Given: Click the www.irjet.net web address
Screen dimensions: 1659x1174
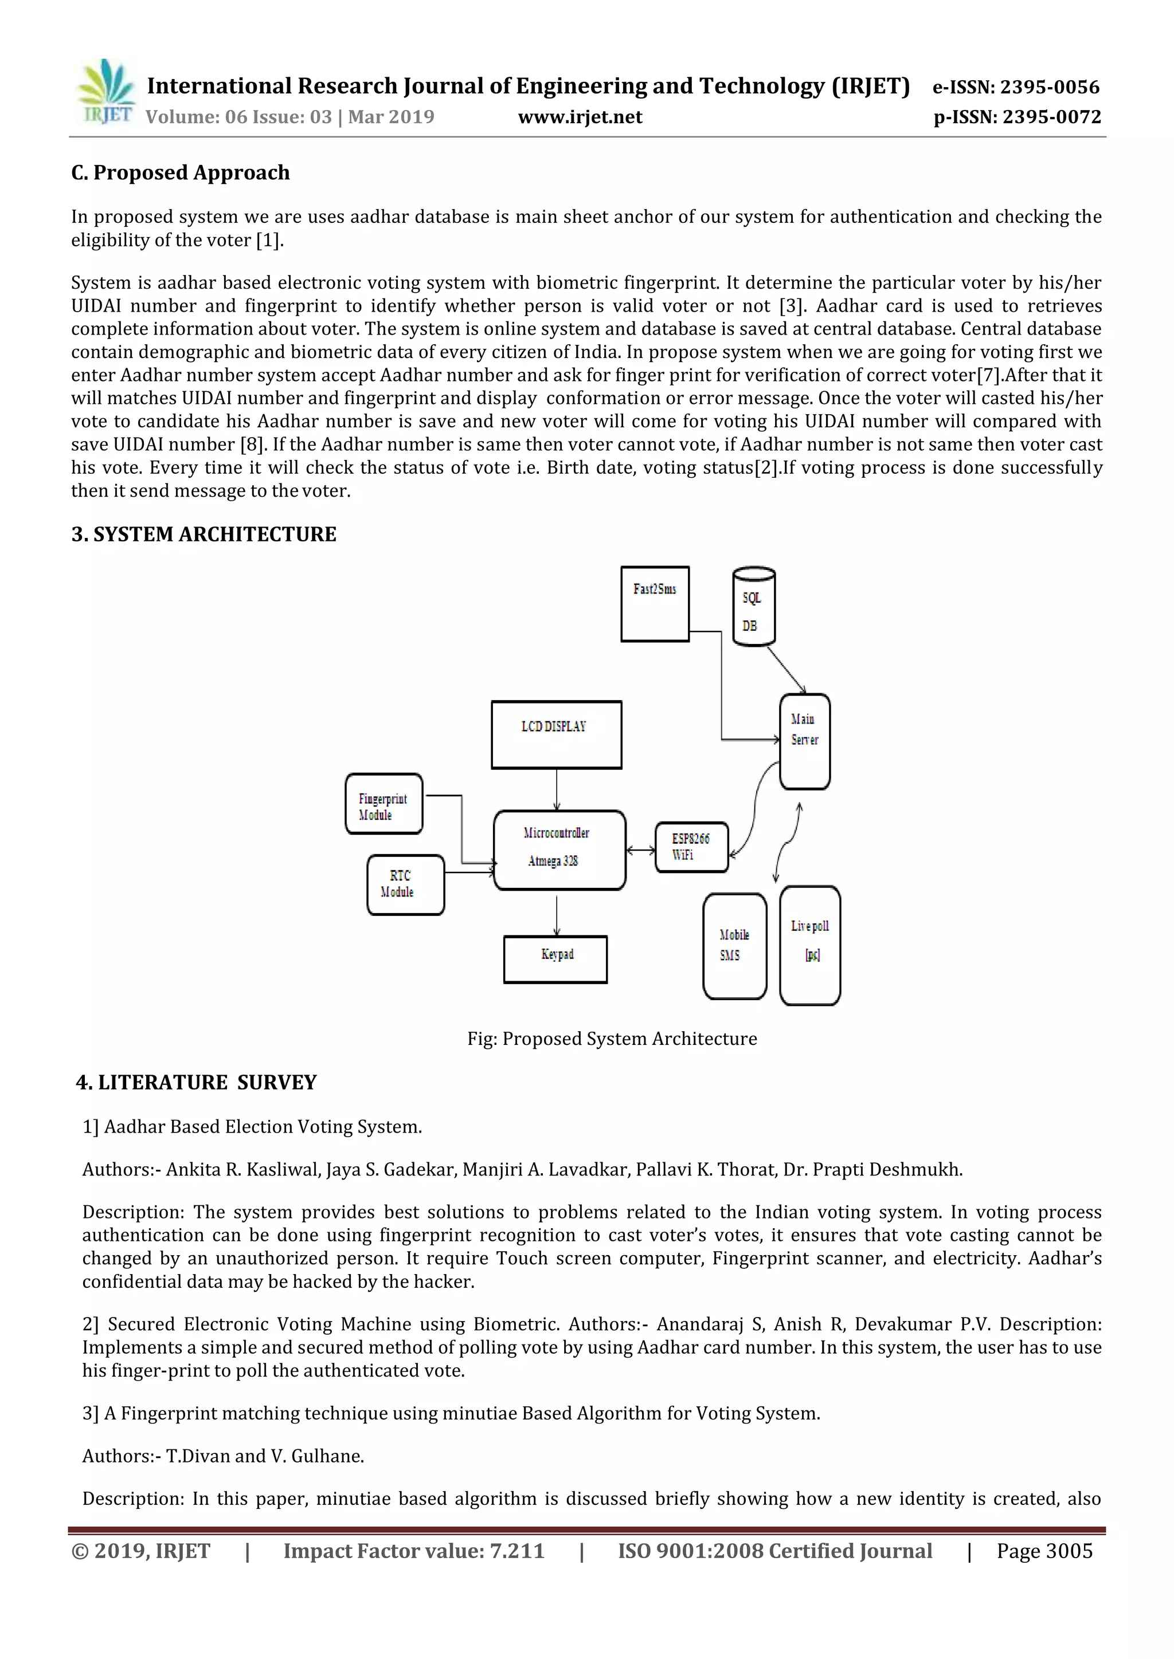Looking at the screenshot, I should (580, 117).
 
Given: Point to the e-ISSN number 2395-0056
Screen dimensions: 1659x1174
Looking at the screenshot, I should (1016, 88).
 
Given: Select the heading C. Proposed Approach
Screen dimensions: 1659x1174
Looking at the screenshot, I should (180, 172).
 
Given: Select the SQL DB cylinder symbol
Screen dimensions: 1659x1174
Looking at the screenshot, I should (753, 608).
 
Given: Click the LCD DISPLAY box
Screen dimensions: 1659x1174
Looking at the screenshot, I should (556, 734).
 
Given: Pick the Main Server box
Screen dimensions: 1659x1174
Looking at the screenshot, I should (805, 741).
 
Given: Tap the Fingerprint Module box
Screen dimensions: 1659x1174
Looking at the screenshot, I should (384, 804).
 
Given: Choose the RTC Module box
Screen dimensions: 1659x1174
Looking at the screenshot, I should (405, 884).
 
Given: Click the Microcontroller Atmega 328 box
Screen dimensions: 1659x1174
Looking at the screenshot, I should (559, 850).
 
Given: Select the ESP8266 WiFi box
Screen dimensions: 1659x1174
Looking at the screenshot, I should (691, 847).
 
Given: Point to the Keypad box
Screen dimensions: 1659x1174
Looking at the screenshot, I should (555, 959).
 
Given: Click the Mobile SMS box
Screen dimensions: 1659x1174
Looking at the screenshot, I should (734, 946).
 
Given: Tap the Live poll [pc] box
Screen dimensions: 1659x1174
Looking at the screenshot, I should (809, 945).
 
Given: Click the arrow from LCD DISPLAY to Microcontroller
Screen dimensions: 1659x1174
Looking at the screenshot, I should (557, 790).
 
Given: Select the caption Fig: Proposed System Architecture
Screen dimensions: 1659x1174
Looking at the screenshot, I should (612, 1039).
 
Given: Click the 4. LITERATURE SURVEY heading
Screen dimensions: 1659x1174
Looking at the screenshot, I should (196, 1082).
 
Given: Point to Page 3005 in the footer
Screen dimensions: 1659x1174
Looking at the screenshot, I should (1044, 1551).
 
